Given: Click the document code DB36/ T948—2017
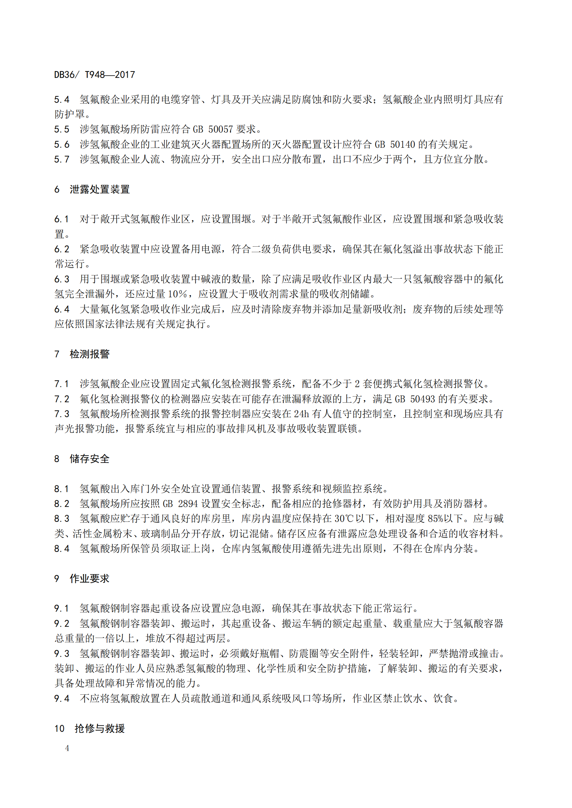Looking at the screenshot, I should pos(94,75).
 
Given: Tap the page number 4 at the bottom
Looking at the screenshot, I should pos(67,748).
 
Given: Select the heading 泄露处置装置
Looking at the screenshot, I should pos(100,189).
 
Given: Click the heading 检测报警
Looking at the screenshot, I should pos(90,354).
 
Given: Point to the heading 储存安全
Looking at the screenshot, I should pos(90,458).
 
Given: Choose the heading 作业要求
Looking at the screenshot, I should pos(90,579).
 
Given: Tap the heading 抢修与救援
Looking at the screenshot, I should pos(100,728).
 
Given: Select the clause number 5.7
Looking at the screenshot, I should pos(62,159).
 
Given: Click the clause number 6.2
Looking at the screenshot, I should pos(62,249).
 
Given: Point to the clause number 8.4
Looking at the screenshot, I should pos(62,549).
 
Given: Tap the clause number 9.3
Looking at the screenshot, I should pos(62,654).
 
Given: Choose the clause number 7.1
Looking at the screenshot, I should pos(62,383).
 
